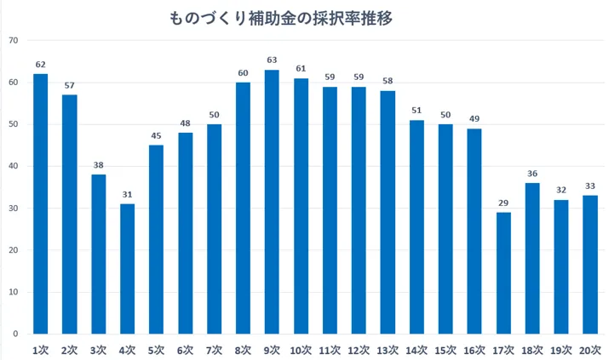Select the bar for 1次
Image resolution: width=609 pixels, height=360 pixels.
pyautogui.click(x=40, y=204)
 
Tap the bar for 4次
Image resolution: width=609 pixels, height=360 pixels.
pyautogui.click(x=127, y=269)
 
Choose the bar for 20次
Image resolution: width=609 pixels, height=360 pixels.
pyautogui.click(x=590, y=265)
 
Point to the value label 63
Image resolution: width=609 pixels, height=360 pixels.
pyautogui.click(x=272, y=60)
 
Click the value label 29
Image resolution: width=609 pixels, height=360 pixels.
pyautogui.click(x=503, y=203)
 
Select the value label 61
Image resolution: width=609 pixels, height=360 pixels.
pyautogui.click(x=301, y=69)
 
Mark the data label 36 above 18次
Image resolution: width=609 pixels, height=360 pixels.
pyautogui.click(x=532, y=174)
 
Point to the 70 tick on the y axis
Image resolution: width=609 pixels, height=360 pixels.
pyautogui.click(x=13, y=41)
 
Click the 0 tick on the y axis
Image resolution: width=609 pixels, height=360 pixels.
pyautogui.click(x=15, y=334)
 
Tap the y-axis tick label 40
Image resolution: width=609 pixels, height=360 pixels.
pyautogui.click(x=13, y=167)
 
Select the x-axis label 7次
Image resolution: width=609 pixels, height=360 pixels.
pyautogui.click(x=214, y=349)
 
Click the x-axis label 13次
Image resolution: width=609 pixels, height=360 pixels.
pyautogui.click(x=388, y=349)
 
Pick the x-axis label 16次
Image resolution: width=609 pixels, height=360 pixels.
pyautogui.click(x=474, y=349)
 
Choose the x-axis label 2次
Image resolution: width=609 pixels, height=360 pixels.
pyautogui.click(x=69, y=349)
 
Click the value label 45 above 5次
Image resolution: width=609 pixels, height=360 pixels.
pyautogui.click(x=156, y=135)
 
